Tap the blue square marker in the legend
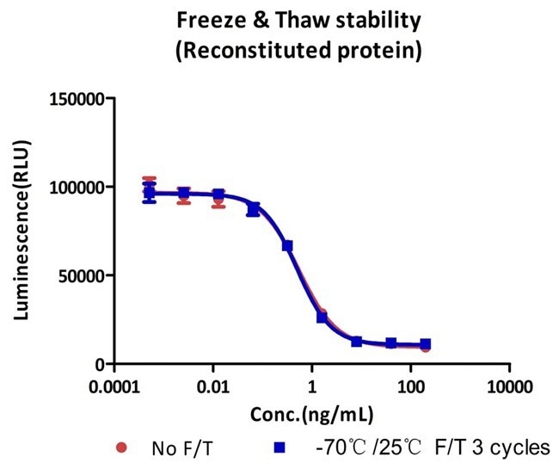click(279, 447)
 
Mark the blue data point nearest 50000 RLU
click(288, 246)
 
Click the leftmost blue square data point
click(150, 193)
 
